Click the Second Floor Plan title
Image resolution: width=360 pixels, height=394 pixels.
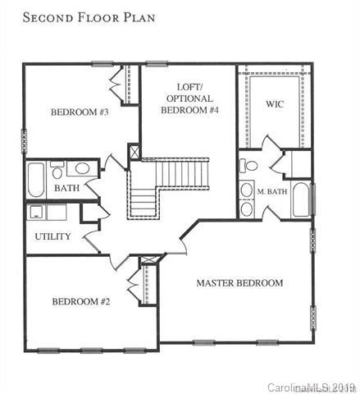pyautogui.click(x=89, y=17)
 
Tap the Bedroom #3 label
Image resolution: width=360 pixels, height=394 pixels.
pyautogui.click(x=80, y=112)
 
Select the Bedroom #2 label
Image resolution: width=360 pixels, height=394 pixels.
pyautogui.click(x=81, y=301)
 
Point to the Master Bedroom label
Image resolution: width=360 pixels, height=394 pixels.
pyautogui.click(x=239, y=283)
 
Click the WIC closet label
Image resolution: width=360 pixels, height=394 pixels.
pyautogui.click(x=275, y=104)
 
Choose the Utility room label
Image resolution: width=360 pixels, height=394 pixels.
pyautogui.click(x=52, y=236)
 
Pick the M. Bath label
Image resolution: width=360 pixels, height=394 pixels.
pyautogui.click(x=272, y=191)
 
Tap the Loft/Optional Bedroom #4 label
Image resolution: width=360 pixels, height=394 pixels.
pyautogui.click(x=189, y=98)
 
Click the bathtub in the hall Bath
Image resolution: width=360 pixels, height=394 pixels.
pyautogui.click(x=36, y=180)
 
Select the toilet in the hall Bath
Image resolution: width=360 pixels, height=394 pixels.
pyautogui.click(x=57, y=170)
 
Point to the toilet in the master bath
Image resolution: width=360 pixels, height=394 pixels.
pyautogui.click(x=248, y=166)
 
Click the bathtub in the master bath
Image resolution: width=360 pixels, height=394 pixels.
pyautogui.click(x=300, y=199)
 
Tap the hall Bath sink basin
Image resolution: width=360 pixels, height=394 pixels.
pyautogui.click(x=82, y=168)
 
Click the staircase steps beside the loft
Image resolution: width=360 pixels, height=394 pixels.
pyautogui.click(x=168, y=189)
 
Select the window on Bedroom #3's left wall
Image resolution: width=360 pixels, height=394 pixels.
pyautogui.click(x=24, y=141)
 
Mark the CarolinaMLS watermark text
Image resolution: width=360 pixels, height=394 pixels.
pyautogui.click(x=312, y=387)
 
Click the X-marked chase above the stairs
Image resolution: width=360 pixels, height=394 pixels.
pyautogui.click(x=134, y=151)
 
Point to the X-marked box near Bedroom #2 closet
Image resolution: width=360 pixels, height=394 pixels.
pyautogui.click(x=148, y=260)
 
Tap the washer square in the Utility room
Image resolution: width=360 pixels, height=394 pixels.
pyautogui.click(x=36, y=212)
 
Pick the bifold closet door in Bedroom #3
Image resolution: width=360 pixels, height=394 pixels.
pyautogui.click(x=116, y=85)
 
